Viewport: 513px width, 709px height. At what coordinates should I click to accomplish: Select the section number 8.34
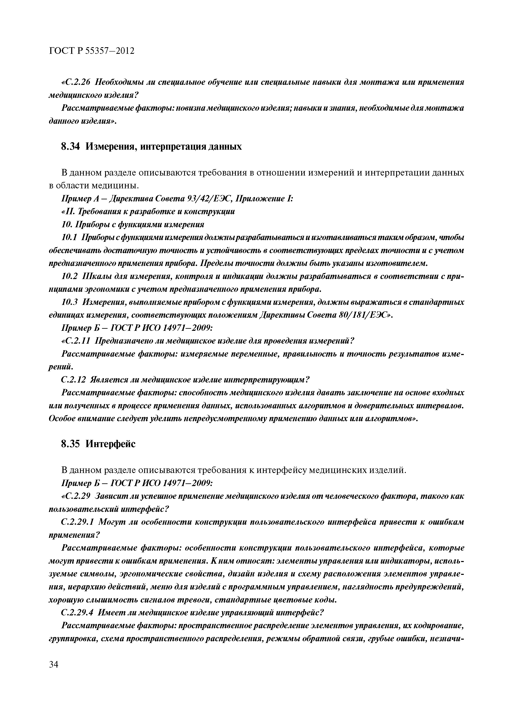[x=71, y=146]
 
